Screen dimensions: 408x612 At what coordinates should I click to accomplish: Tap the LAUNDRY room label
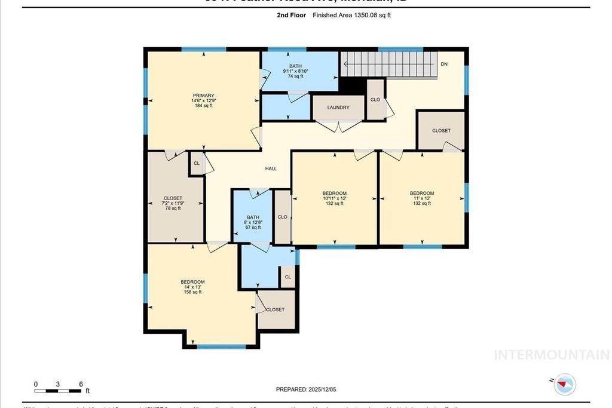point(338,108)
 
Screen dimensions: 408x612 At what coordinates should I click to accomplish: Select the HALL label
point(271,168)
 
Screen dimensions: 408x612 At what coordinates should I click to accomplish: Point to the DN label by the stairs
point(443,64)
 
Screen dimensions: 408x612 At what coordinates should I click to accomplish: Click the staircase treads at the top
point(388,64)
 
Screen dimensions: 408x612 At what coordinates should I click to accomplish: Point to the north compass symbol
point(565,384)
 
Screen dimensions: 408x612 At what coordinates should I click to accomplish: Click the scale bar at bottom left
point(58,391)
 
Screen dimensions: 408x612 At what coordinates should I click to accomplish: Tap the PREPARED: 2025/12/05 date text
point(306,389)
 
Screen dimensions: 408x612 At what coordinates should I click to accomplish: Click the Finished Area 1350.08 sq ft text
point(351,16)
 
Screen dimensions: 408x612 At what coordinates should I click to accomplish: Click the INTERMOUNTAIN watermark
point(551,354)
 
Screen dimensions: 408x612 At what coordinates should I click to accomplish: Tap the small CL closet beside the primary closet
point(196,163)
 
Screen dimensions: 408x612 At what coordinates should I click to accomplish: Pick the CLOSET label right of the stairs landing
point(441,130)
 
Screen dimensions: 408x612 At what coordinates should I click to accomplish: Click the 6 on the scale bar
point(81,384)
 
